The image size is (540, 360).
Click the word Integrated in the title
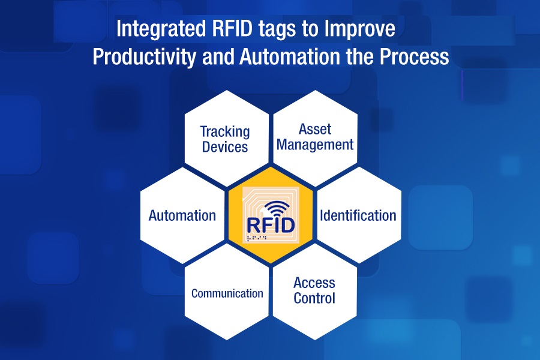pos(161,29)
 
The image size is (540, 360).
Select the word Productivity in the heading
pos(144,57)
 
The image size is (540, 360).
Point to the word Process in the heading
pos(414,56)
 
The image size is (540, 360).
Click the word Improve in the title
pos(359,29)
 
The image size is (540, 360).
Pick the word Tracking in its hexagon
pos(225,132)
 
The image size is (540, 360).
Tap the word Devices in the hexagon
pos(225,147)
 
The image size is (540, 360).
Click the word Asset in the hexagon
pos(315,130)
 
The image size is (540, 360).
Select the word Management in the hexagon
pos(315,145)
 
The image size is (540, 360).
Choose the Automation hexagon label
pos(182,215)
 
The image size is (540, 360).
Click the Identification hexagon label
pos(358,215)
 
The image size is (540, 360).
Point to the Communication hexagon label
pos(227,293)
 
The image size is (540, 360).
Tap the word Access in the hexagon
pos(314,283)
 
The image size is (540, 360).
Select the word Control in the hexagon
pos(314,298)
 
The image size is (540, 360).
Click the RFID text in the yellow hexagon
pos(271,226)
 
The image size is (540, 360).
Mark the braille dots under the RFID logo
pos(257,238)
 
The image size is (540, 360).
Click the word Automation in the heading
pos(290,56)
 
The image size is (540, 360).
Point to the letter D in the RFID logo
pos(288,226)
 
